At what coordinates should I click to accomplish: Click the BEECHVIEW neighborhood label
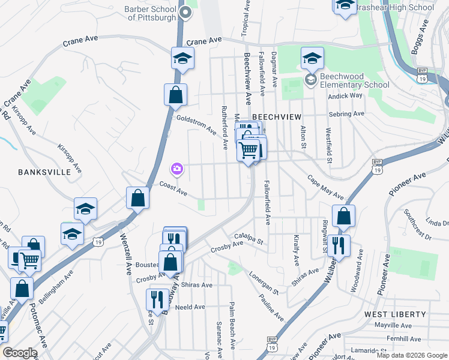pyautogui.click(x=276, y=116)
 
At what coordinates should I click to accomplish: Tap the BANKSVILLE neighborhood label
pyautogui.click(x=45, y=172)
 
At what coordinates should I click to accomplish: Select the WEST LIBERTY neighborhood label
pyautogui.click(x=395, y=314)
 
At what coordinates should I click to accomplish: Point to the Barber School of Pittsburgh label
pyautogui.click(x=151, y=13)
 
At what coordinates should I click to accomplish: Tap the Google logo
pyautogui.click(x=20, y=353)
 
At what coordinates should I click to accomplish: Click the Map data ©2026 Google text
pyautogui.click(x=411, y=355)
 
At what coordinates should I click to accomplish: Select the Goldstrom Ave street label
pyautogui.click(x=196, y=124)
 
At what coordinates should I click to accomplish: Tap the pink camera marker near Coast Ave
pyautogui.click(x=177, y=170)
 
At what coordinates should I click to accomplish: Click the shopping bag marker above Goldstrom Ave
pyautogui.click(x=175, y=95)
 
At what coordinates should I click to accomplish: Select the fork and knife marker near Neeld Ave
pyautogui.click(x=157, y=300)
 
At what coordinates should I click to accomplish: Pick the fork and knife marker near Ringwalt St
pyautogui.click(x=339, y=245)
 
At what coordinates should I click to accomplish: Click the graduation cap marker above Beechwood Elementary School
pyautogui.click(x=312, y=59)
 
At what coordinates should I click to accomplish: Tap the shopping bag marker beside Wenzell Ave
pyautogui.click(x=137, y=199)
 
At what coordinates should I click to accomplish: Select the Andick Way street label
pyautogui.click(x=349, y=95)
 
